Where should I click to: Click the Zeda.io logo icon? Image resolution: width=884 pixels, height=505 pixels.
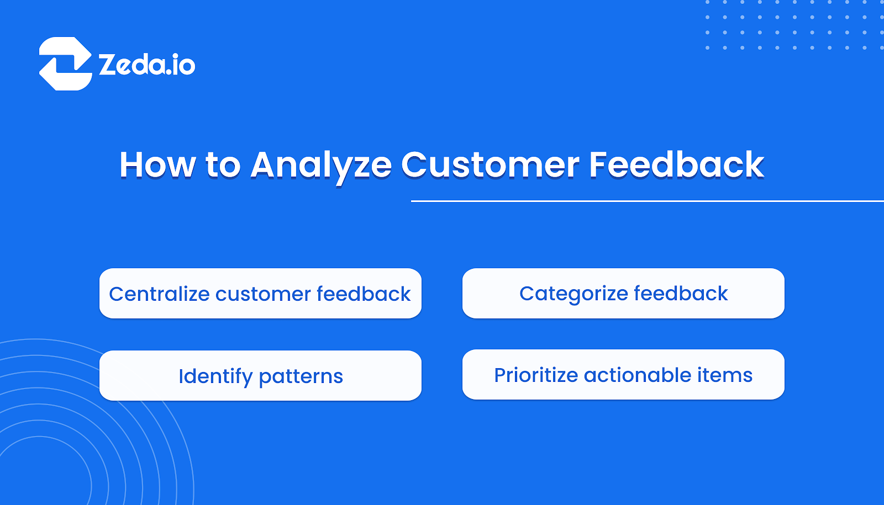coord(65,63)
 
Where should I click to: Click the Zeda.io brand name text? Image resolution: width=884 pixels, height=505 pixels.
coord(147,65)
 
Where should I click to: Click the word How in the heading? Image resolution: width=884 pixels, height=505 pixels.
coord(157,164)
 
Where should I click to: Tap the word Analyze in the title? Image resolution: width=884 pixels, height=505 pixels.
coord(321,164)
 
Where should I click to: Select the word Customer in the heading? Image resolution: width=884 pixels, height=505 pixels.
coord(490,164)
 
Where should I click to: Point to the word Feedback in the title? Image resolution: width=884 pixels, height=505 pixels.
coord(676,164)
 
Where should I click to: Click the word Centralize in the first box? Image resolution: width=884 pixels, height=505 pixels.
coord(159,294)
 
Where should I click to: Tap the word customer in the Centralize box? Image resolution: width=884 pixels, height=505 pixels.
coord(263,294)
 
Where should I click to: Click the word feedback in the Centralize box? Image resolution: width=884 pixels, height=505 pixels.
coord(364,294)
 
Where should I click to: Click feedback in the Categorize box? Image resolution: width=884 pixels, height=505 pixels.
coord(681,294)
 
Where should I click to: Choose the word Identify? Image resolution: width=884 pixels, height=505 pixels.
coord(215,376)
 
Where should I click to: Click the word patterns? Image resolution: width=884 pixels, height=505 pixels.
coord(301,376)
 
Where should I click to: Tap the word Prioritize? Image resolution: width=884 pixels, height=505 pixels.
coord(536,375)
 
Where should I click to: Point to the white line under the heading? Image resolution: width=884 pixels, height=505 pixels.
coord(646,201)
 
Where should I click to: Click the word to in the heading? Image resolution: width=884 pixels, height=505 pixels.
coord(223,164)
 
